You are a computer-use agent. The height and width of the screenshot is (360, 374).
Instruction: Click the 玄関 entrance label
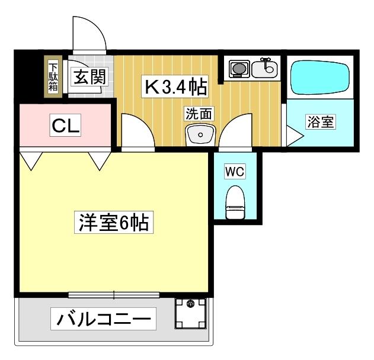[x=87, y=76]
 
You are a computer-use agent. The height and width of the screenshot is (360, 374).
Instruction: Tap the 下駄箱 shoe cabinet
[x=53, y=76]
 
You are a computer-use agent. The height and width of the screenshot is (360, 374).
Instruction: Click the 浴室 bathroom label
[x=321, y=123]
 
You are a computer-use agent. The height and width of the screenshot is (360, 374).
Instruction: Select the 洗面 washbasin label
[x=199, y=114]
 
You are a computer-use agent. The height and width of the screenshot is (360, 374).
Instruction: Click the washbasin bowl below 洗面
[x=200, y=135]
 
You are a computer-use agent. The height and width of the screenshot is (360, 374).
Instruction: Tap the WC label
[x=235, y=171]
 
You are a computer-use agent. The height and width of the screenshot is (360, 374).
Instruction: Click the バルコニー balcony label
[x=103, y=320]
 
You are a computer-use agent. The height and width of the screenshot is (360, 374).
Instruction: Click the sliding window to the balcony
[x=113, y=294]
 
